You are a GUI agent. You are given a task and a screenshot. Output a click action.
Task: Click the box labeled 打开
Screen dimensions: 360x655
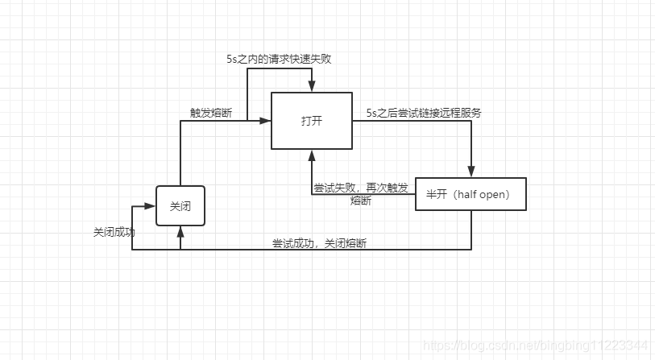(311, 120)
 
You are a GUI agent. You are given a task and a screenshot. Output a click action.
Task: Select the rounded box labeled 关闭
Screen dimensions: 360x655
(180, 205)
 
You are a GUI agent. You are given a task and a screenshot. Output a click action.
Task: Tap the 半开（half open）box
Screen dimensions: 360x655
(471, 194)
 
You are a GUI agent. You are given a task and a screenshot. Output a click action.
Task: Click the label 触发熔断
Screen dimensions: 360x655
(211, 114)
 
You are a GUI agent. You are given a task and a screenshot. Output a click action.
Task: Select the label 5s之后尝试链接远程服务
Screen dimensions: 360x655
(424, 113)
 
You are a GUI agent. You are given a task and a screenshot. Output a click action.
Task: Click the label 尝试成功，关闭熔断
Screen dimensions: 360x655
(319, 243)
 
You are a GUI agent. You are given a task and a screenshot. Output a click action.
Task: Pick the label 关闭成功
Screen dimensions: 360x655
(114, 232)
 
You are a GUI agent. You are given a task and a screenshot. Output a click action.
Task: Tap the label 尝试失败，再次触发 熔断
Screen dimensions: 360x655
(360, 194)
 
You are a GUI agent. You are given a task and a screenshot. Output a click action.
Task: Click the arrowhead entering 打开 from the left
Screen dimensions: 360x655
(266, 121)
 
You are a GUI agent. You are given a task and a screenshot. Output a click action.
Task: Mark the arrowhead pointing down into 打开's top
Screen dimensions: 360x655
(311, 87)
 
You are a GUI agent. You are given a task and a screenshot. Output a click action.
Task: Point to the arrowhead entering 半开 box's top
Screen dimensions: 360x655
(471, 172)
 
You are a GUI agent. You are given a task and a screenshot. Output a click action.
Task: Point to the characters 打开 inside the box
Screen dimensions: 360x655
(311, 120)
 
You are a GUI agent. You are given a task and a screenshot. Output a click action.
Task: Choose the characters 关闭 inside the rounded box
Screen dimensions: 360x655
(180, 205)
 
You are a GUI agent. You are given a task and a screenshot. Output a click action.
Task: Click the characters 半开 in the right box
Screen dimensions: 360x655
(437, 194)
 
